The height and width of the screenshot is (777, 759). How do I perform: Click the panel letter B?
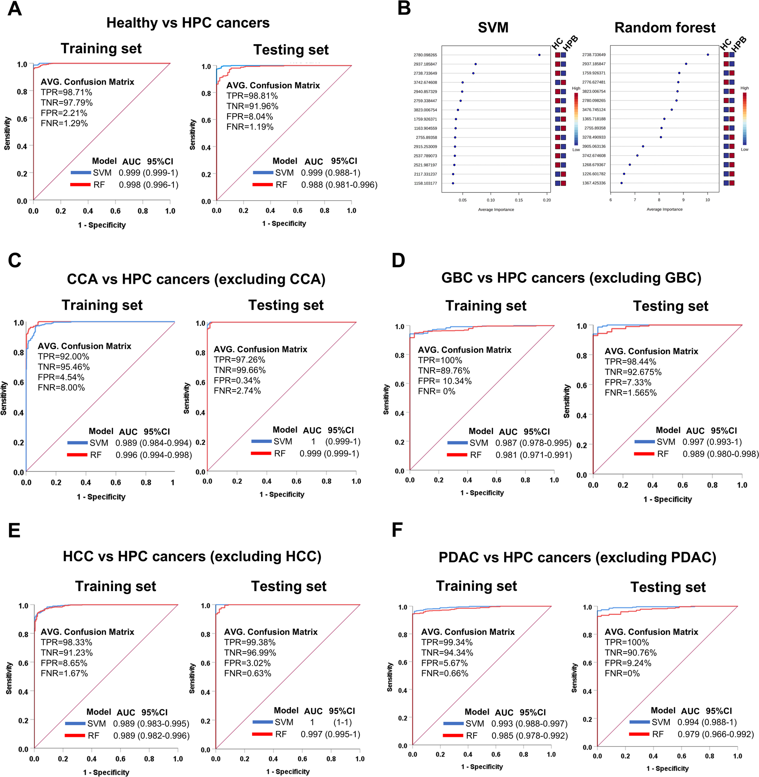404,9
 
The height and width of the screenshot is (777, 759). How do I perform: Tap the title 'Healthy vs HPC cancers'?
188,23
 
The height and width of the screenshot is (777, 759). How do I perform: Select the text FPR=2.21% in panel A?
64,113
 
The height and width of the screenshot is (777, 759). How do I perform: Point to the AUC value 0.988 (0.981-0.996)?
339,185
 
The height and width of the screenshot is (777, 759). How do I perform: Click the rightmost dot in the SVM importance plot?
539,55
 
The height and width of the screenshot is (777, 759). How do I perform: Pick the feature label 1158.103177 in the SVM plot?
425,183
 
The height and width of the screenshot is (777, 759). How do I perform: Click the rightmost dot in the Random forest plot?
708,54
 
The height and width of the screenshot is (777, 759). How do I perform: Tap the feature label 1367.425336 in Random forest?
593,183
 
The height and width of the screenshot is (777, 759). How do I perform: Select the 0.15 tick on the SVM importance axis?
519,200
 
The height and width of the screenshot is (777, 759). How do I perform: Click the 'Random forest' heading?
665,28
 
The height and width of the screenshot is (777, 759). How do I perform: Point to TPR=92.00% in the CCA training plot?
64,357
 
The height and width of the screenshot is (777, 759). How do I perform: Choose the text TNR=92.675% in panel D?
633,372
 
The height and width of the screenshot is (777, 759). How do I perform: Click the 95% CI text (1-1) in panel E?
342,722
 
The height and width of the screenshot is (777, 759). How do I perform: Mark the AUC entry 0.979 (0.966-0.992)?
716,734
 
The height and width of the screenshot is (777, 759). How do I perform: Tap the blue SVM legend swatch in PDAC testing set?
640,722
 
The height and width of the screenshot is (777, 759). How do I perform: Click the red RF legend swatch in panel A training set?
81,185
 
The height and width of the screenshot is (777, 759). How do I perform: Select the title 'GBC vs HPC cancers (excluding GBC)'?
571,278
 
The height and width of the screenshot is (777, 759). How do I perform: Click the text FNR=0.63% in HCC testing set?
248,673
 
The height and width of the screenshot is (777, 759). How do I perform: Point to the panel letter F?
397,530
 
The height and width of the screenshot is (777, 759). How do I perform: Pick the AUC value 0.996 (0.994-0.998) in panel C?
153,455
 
